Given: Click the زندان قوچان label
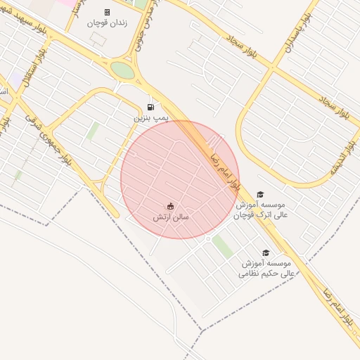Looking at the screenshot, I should [106, 23].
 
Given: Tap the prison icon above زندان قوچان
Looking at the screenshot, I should [107, 12].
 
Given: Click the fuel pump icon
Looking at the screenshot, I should [150, 108].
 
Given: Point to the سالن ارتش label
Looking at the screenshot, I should [171, 217].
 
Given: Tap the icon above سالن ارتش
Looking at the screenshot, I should [171, 206].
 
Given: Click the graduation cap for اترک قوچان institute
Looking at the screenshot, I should [260, 194].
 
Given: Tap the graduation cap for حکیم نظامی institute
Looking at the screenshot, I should [266, 252].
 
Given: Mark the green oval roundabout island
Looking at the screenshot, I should [122, 70].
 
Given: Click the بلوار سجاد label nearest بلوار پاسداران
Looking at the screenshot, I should [243, 48].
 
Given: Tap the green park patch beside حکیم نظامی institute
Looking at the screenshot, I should [224, 246].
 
